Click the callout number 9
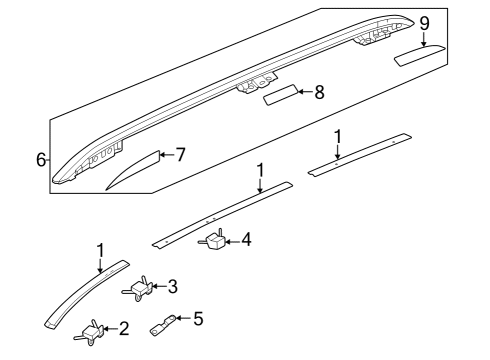point(424,23)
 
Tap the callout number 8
point(319,92)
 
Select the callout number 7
point(180,155)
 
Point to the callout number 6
point(41,160)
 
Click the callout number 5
point(198,319)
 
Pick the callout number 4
point(246,239)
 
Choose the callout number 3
point(172,286)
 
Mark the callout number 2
point(124,329)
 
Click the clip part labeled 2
point(89,333)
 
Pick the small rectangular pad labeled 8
point(281,95)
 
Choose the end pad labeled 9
point(419,55)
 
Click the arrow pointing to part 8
point(305,92)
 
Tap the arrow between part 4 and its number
point(233,241)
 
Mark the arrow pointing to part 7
point(167,154)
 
